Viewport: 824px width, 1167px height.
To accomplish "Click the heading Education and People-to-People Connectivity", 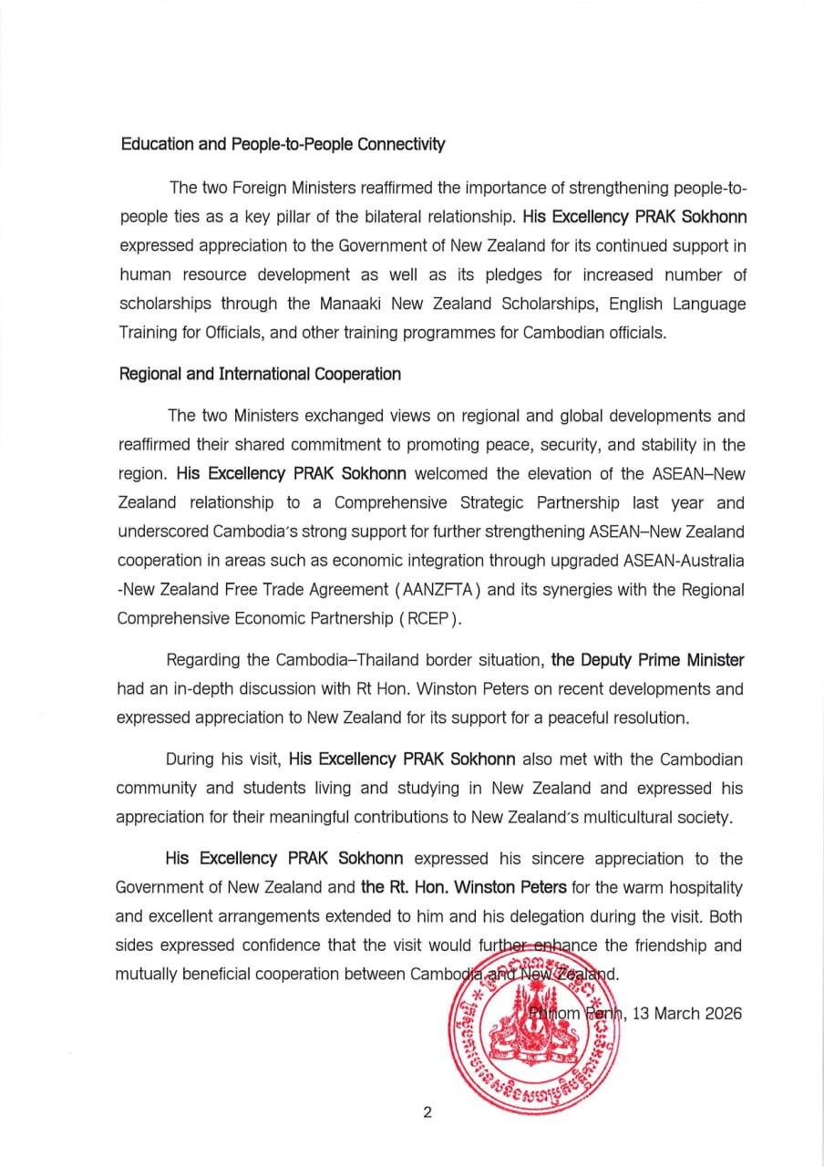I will coord(282,144).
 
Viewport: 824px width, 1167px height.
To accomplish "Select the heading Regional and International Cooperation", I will coord(259,373).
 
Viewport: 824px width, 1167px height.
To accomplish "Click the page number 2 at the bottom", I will coord(426,1111).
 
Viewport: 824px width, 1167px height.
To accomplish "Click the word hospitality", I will coord(700,887).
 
